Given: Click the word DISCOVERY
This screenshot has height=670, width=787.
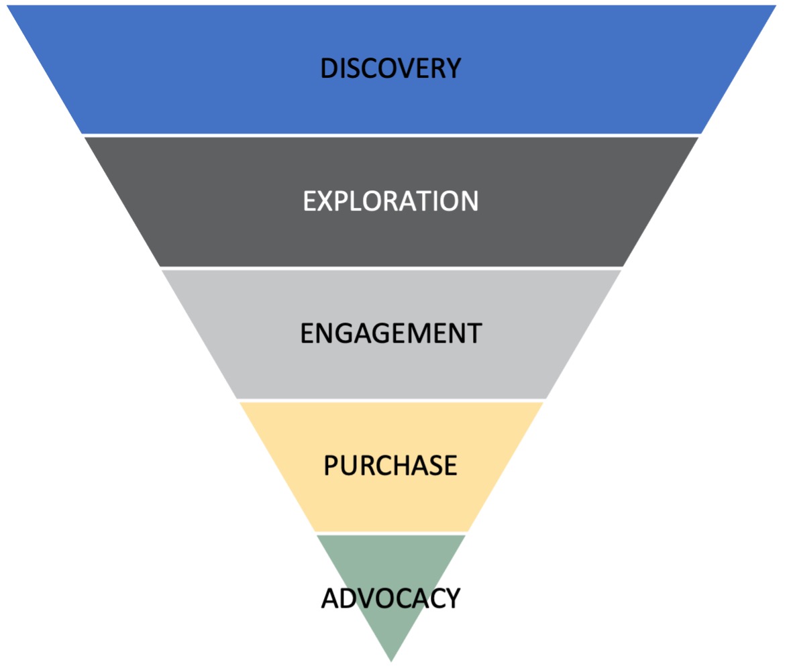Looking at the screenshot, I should point(390,68).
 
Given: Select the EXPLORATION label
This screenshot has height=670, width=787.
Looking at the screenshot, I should point(390,201).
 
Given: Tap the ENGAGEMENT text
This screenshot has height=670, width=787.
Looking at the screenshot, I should point(390,333).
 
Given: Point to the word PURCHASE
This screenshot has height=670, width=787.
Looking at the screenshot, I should point(390,465).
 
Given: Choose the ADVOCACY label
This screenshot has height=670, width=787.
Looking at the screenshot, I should point(390,598).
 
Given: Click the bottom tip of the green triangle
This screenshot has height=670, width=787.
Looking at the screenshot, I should point(391,660).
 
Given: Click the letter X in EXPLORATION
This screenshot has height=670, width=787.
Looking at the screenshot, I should point(325,201).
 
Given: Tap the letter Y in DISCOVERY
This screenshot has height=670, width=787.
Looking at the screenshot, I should point(454,68).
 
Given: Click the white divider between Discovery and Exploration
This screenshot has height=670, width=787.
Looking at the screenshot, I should point(390,135).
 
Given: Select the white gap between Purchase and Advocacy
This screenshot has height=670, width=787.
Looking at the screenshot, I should point(390,533).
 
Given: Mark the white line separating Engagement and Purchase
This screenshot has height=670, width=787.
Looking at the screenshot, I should point(390,400).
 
